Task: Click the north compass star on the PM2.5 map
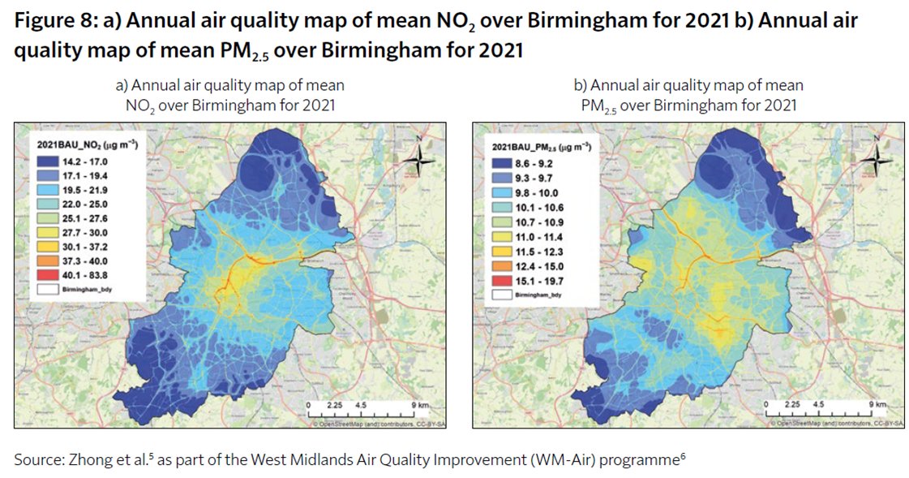[877, 161]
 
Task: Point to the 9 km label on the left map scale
[420, 403]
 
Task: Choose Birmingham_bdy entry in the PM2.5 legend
[530, 295]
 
